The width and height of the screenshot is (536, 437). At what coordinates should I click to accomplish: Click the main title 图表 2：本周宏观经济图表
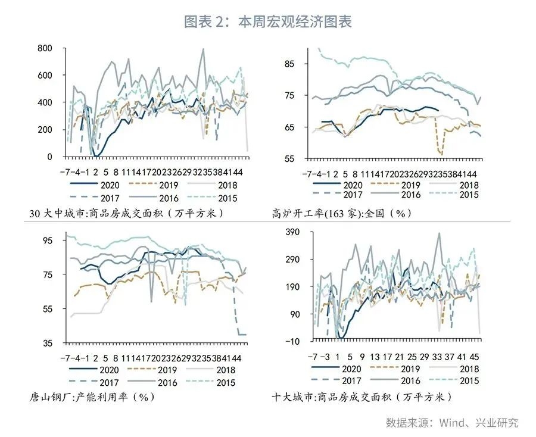click(268, 22)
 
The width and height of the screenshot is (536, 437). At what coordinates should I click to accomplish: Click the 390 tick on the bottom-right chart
click(299, 232)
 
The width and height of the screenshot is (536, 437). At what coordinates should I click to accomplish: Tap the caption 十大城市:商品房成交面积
click(362, 397)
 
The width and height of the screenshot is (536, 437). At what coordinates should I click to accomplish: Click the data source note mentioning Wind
click(452, 423)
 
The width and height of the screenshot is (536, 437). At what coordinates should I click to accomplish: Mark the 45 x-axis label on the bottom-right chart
click(475, 356)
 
